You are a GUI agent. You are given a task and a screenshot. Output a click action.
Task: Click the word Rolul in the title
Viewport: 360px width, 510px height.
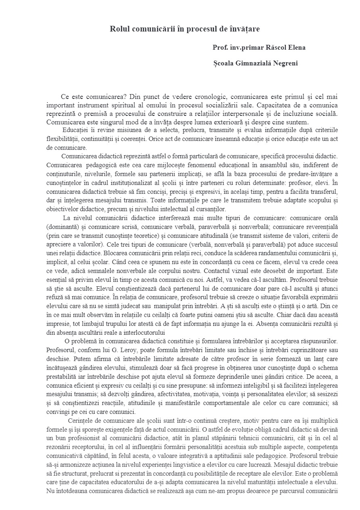120,29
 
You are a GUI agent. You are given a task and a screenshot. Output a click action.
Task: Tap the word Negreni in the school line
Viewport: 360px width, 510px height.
285,63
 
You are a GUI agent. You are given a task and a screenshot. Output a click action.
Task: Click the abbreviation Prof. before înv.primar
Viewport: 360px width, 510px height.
220,48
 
